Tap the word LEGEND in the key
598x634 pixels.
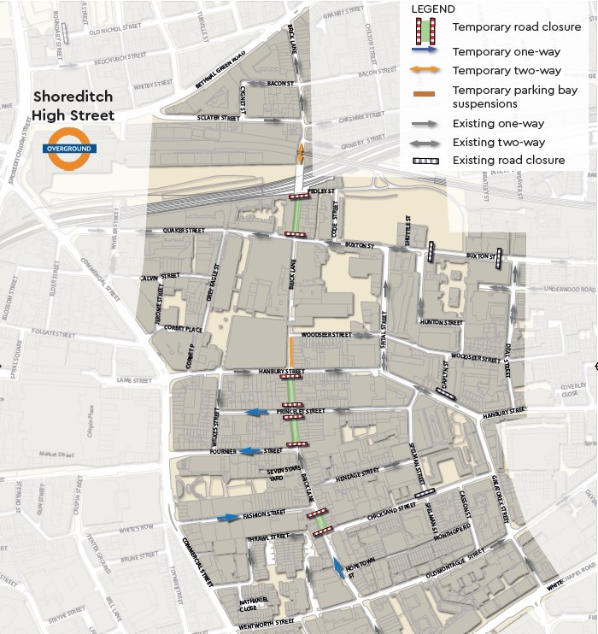pyautogui.click(x=433, y=9)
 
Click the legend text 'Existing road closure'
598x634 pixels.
pyautogui.click(x=508, y=160)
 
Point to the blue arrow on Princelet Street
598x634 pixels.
pyautogui.click(x=257, y=413)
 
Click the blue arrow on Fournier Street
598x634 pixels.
pyautogui.click(x=250, y=451)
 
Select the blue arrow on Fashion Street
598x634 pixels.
pyautogui.click(x=228, y=517)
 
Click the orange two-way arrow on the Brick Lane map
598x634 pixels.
pyautogui.click(x=301, y=154)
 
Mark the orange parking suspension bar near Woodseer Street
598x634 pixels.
pyautogui.click(x=292, y=350)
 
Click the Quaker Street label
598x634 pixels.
pyautogui.click(x=186, y=230)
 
